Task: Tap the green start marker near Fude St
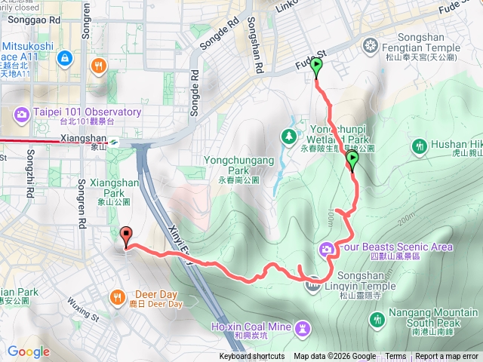316,68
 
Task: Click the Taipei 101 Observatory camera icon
22,115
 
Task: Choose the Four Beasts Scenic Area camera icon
327,248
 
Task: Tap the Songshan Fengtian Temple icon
370,48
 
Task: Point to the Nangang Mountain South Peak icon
378,321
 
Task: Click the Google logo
28,351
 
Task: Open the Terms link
395,357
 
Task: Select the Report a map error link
448,357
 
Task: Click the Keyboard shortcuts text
252,357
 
